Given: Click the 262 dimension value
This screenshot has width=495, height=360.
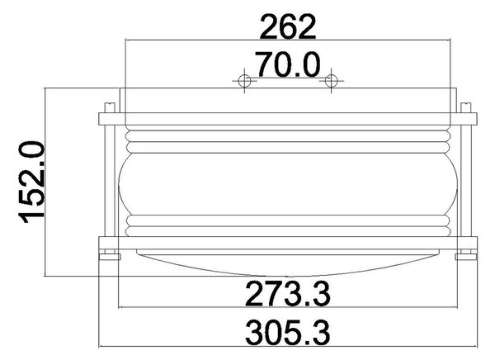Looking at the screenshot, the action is coord(287,27).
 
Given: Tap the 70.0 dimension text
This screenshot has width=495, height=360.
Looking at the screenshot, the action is coord(287,64).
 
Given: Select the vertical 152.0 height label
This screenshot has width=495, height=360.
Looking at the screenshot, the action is coord(32,182).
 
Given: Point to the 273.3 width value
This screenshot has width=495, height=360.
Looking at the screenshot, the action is coord(288,294).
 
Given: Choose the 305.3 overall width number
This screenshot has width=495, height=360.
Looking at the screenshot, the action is coord(288,333).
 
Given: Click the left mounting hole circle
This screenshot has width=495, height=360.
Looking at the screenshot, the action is coord(245,81).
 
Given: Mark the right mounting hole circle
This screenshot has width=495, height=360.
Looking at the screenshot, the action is coord(331,81).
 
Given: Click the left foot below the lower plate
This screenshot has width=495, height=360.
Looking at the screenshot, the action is coord(110,256).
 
